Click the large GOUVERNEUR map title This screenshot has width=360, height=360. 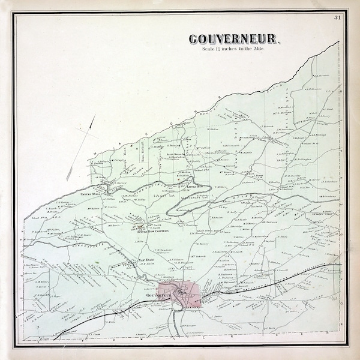tap(234, 40)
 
